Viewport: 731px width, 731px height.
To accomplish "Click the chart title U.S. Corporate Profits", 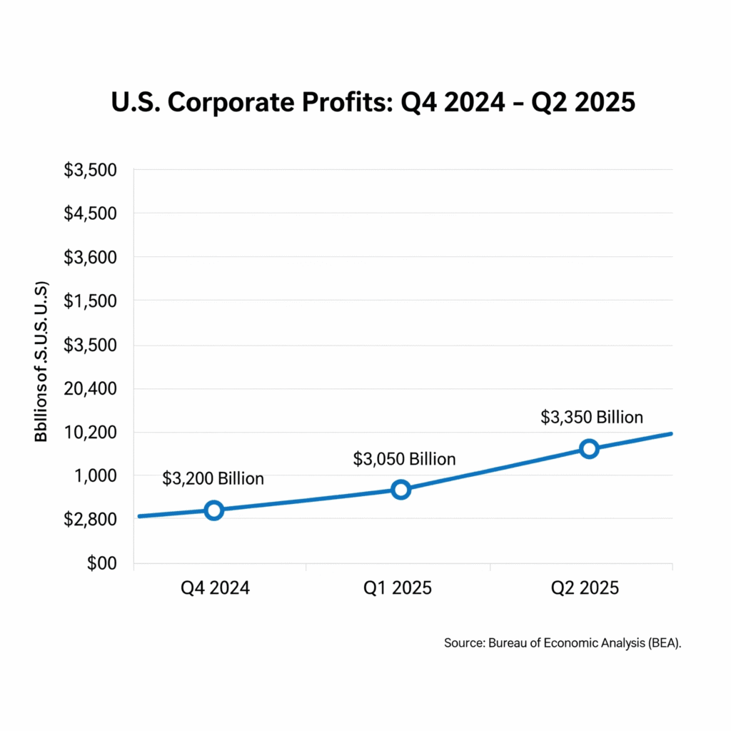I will [x=373, y=102].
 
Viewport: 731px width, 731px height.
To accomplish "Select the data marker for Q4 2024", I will [x=213, y=510].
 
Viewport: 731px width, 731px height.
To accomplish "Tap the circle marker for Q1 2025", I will [x=400, y=489].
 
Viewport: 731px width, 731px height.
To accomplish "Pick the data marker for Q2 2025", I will [x=589, y=448].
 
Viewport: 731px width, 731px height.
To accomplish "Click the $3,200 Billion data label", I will [x=213, y=478].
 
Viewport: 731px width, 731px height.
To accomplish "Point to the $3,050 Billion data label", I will [x=404, y=459].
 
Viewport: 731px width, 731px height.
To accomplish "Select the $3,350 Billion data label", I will [x=592, y=417].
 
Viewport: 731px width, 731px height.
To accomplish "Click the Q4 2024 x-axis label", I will [x=213, y=589].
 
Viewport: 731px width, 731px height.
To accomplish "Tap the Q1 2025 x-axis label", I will [x=398, y=589].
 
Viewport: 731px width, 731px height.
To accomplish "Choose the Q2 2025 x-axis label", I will [x=585, y=589].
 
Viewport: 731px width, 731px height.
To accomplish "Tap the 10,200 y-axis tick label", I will [x=92, y=433].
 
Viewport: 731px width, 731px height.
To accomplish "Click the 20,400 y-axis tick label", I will [x=92, y=389].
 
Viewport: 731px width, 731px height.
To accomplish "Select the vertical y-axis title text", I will [x=42, y=361].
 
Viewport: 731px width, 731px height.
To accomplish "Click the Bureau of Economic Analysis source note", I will [x=563, y=643].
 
